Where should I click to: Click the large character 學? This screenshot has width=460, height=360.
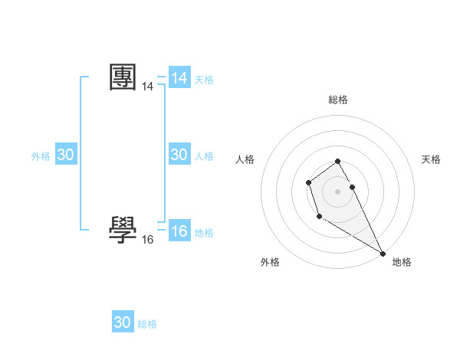(123, 229)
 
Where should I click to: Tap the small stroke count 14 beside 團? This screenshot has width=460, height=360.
(147, 87)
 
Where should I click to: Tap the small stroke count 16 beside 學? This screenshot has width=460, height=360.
(147, 239)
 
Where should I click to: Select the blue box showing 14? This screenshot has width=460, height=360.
(179, 78)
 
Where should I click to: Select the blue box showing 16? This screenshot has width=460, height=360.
(179, 231)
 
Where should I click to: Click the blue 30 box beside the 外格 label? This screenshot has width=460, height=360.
(65, 155)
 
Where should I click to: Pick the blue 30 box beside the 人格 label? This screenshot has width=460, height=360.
(179, 155)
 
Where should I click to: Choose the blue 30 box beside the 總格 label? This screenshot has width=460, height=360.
(123, 322)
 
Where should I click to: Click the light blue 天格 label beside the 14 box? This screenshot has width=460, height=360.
(204, 79)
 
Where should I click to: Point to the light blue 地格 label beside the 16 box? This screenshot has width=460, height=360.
(204, 232)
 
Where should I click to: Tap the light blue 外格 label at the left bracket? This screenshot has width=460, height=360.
(41, 156)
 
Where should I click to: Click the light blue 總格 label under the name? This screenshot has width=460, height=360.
(147, 324)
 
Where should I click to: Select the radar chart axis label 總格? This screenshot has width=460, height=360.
(338, 100)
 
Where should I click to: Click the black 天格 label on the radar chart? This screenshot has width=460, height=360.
(431, 159)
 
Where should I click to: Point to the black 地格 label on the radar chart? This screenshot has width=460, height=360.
(402, 262)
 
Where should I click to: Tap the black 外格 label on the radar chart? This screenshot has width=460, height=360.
(270, 262)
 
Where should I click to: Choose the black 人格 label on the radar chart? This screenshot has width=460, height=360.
(245, 159)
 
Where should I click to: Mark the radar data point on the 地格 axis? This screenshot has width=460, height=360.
(383, 253)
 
